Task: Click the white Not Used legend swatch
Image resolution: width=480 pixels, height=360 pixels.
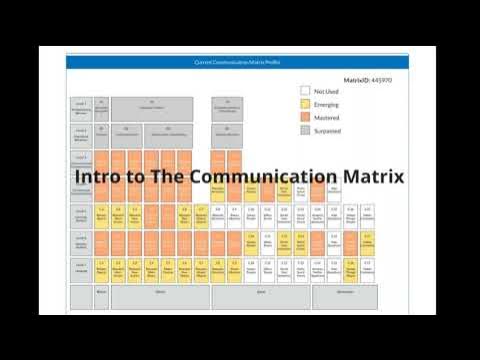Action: click(305, 91)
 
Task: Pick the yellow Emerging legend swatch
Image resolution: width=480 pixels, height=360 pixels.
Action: click(305, 104)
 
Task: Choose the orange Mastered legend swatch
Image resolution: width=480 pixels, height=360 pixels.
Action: click(305, 117)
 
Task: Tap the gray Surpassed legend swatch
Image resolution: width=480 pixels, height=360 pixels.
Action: click(305, 130)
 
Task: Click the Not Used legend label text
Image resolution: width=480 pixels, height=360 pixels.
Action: click(327, 91)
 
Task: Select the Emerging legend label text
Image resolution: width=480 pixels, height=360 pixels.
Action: click(327, 104)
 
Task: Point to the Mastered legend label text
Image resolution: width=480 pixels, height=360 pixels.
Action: click(327, 117)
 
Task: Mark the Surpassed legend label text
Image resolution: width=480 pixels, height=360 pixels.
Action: click(329, 130)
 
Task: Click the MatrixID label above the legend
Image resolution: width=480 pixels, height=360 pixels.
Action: click(356, 78)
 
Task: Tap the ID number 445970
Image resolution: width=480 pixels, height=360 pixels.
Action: click(381, 78)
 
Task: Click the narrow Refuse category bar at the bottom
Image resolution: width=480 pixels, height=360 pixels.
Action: click(101, 292)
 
